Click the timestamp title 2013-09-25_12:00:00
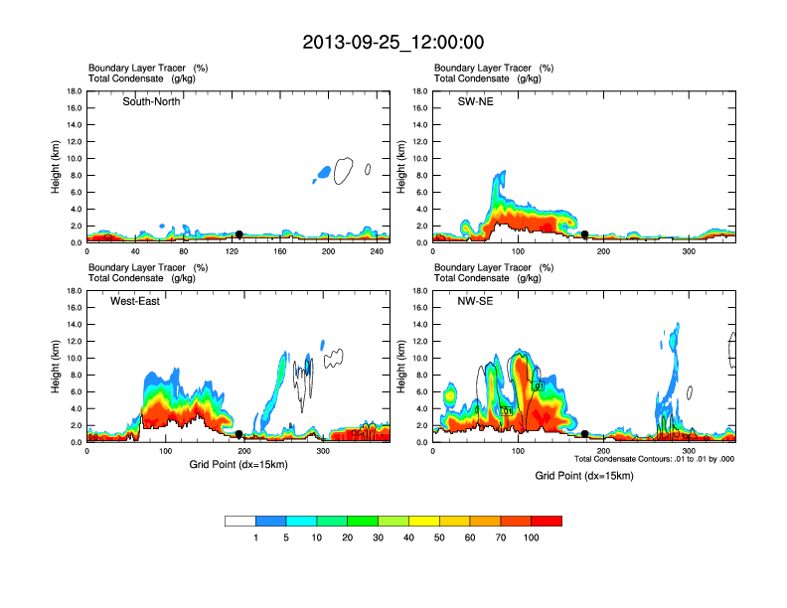pos(393,43)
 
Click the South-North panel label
pos(151,101)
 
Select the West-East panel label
pos(135,301)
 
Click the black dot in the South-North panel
pos(238,234)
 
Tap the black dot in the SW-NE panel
pos(585,234)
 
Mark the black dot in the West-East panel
pos(238,434)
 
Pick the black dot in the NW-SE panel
pos(585,434)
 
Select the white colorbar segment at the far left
pos(240,521)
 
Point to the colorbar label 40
pos(408,537)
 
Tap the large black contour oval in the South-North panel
pos(344,171)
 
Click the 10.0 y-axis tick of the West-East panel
pos(75,358)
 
